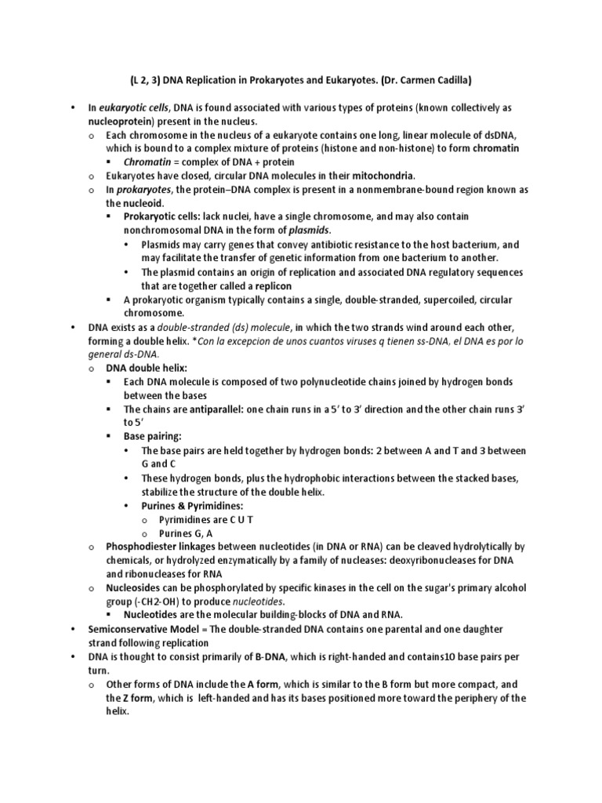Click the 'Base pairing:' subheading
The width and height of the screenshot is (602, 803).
(152, 435)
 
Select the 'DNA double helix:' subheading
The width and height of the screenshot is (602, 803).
(147, 367)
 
